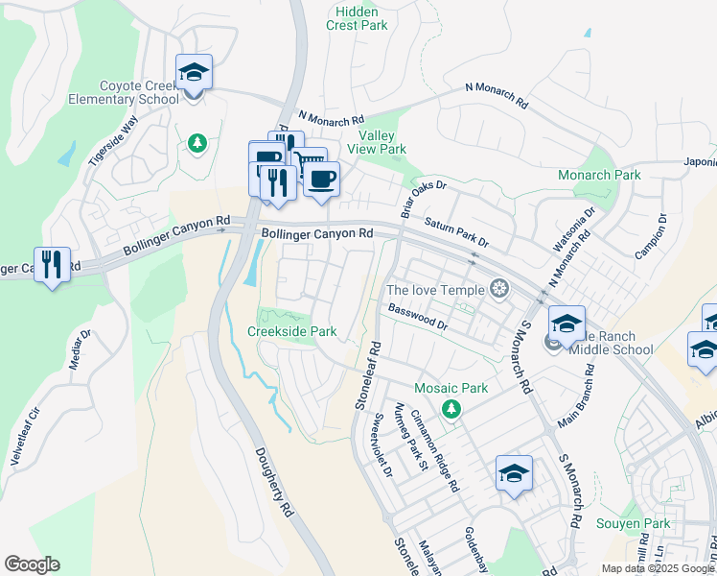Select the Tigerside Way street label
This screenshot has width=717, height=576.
[114, 141]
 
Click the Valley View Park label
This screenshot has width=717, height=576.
[382, 143]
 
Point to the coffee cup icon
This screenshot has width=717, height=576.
[322, 179]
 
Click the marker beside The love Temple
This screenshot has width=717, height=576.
[497, 288]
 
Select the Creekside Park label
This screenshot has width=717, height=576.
[292, 331]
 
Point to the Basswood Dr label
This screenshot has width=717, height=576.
[418, 317]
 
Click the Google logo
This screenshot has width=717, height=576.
[32, 564]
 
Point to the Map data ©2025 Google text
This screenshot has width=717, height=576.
[657, 568]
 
